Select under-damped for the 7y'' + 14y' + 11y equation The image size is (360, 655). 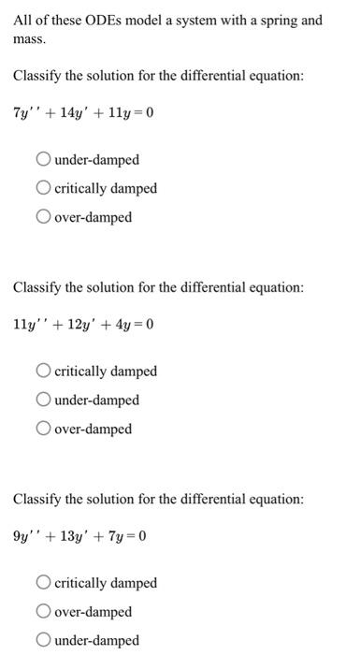click(44, 160)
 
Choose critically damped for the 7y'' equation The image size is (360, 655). click(44, 189)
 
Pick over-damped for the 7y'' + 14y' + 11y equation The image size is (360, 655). click(44, 218)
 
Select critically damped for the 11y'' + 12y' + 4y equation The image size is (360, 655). click(44, 371)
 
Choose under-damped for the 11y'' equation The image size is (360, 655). click(44, 400)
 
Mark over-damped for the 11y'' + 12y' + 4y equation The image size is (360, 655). click(44, 429)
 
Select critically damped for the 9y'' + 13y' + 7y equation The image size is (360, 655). click(44, 583)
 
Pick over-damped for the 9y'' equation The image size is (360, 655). click(44, 612)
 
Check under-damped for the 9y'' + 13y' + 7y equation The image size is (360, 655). click(44, 641)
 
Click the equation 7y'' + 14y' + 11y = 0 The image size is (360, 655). click(83, 114)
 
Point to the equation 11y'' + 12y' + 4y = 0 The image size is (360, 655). click(83, 326)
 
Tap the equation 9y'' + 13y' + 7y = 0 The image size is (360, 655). click(80, 537)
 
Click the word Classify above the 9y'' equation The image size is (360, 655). click(41, 500)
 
